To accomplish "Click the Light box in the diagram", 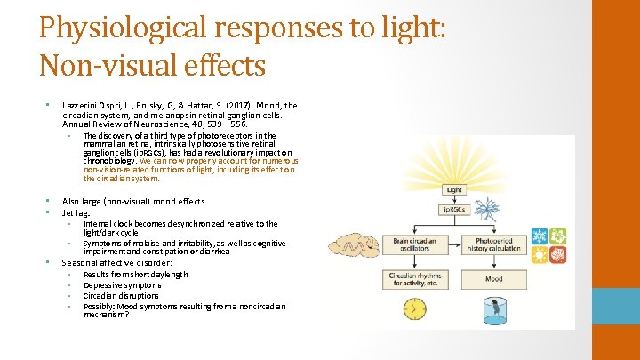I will pos(454,189).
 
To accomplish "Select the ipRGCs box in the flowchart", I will pos(454,210).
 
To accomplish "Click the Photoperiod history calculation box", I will pos(493,244).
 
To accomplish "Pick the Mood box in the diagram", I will pos(493,278).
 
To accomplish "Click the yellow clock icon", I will pos(414,309).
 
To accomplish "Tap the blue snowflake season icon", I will pos(539,236).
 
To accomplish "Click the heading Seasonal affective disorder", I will pos(116,263).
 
